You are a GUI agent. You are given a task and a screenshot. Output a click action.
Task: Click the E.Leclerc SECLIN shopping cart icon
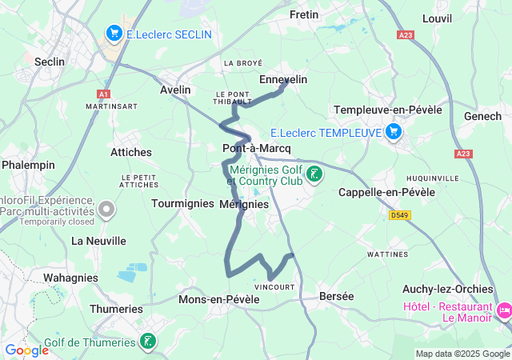click(x=114, y=34)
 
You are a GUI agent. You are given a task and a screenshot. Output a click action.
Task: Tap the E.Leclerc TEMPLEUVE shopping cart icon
click(x=393, y=132)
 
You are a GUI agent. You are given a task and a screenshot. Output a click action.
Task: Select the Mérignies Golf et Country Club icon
click(x=315, y=174)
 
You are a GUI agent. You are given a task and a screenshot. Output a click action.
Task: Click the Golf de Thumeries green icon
click(x=147, y=342)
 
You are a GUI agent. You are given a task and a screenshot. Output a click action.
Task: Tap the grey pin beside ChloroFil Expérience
click(x=106, y=210)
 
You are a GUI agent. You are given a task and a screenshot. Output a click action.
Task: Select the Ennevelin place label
click(x=283, y=79)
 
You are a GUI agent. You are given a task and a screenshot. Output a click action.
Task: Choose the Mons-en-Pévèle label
click(x=219, y=299)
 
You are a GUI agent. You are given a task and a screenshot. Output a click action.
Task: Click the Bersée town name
click(x=336, y=296)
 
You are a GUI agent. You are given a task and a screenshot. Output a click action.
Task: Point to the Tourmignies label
click(x=180, y=204)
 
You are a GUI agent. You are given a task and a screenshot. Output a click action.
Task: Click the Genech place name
click(x=482, y=116)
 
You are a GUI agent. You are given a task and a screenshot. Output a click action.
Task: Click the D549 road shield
click(x=399, y=215)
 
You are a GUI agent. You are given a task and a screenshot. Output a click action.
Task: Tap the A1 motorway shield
click(x=102, y=93)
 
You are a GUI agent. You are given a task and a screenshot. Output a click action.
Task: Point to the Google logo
click(x=26, y=350)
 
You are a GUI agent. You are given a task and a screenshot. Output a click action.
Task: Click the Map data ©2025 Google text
click(x=462, y=354)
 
